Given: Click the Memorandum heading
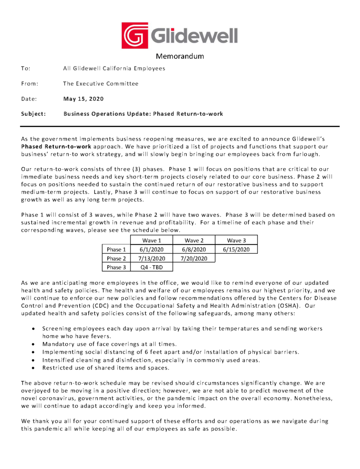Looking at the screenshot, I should click(180, 57).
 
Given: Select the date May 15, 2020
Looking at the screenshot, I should click(83, 98).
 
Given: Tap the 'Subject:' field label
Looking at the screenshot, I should click(33, 114).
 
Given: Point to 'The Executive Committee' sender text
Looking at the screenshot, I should click(100, 83).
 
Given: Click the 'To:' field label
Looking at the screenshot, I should click(26, 68).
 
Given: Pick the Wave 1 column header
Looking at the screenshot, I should click(151, 240).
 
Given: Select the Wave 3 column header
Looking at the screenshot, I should click(236, 240).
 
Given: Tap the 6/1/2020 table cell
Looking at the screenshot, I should click(151, 249).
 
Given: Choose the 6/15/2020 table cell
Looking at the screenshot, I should click(236, 249).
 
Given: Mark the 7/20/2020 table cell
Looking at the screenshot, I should click(194, 258).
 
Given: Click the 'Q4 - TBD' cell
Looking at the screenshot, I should click(151, 267).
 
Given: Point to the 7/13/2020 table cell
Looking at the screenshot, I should click(151, 258).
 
